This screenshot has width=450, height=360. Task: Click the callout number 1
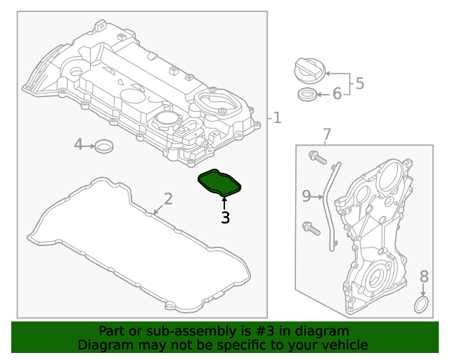pos(277,118)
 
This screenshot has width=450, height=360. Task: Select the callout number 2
pos(167,199)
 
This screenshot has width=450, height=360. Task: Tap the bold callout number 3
pos(225,219)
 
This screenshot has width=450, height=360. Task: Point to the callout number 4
pos(79,145)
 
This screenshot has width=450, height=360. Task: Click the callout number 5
pos(359,84)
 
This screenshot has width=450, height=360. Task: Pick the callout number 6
pos(337,94)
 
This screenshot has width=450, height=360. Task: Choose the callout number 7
pos(326,134)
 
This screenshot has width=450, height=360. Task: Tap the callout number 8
pos(424,276)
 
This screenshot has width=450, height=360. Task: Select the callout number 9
pos(307,196)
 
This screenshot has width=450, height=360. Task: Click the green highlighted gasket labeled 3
pos(219,182)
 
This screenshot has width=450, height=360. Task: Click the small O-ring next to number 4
pos(105,146)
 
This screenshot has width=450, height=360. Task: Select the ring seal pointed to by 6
pos(307,94)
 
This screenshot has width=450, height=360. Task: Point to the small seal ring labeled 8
pos(421,304)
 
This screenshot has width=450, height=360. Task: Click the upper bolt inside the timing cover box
pos(317,158)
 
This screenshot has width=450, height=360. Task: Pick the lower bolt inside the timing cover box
pos(310,227)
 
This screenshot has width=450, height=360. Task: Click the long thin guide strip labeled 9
pos(331,204)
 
